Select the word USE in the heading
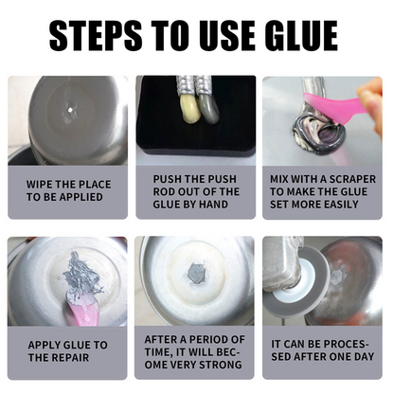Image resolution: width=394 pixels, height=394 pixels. click(x=210, y=36)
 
